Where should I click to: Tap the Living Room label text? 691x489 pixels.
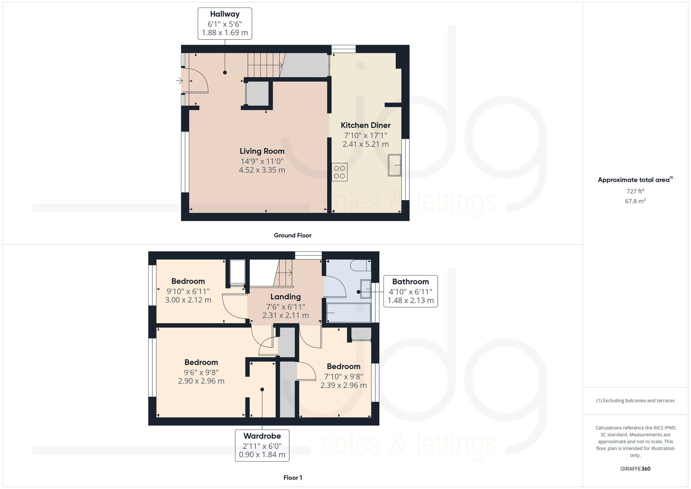pos(262,151)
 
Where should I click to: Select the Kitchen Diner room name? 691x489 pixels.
pos(366,125)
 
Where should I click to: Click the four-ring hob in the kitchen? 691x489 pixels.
pos(339,172)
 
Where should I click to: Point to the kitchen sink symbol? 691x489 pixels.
pos(395,165)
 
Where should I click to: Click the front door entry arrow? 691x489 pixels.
pos(179,81)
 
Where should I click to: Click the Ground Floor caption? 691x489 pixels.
pos(292,235)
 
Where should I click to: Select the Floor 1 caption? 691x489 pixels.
pos(292,478)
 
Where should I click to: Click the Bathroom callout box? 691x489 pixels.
pos(410,291)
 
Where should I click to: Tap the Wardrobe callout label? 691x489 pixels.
pos(262,445)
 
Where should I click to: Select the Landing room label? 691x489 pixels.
pos(285,297)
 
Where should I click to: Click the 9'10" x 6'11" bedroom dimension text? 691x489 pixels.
pos(188,291)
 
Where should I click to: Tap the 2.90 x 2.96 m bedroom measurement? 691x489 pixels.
pos(201,381)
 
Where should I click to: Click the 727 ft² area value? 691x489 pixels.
pos(635,191)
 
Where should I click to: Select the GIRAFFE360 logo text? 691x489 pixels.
pos(635,469)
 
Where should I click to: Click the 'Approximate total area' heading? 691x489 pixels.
pos(634,180)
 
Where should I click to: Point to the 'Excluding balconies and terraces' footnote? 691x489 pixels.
pos(635,401)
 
